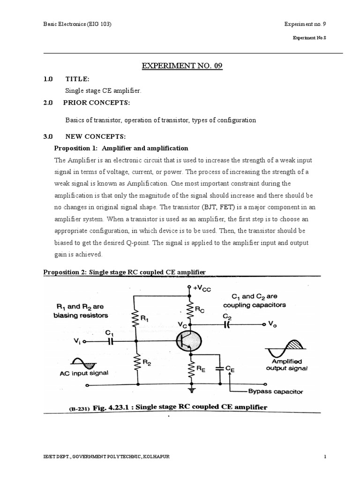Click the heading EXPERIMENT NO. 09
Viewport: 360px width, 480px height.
(182, 66)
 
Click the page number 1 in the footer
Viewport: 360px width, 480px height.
(324, 457)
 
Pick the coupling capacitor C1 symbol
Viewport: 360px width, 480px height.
(111, 342)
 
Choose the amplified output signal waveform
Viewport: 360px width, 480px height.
(284, 349)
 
